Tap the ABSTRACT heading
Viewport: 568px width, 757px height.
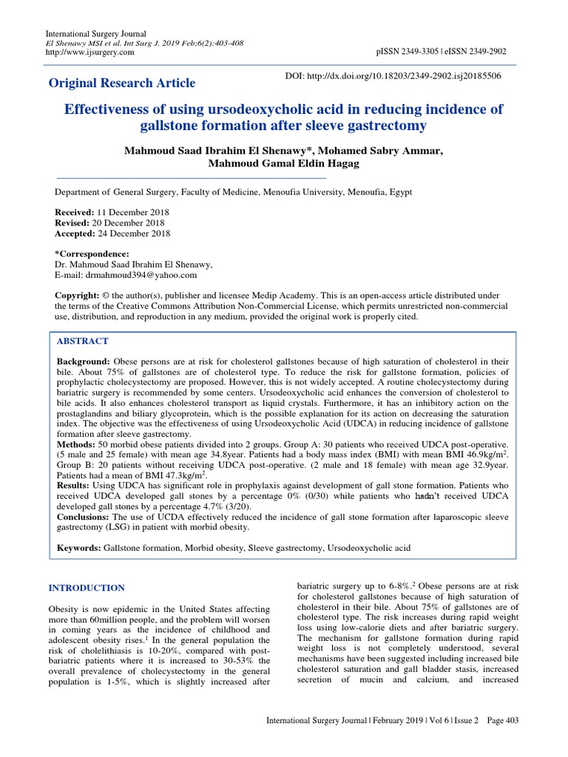click(x=83, y=342)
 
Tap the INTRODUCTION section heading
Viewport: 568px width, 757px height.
click(x=87, y=588)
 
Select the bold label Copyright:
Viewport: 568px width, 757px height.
click(x=80, y=295)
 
